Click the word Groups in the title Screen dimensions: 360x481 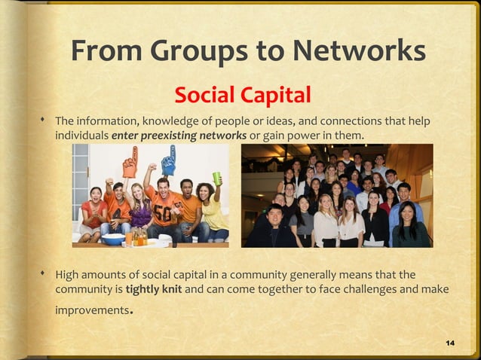click(201, 50)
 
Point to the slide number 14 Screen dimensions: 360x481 click(450, 343)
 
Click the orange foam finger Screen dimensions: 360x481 click(130, 160)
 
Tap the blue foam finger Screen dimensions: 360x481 click(168, 159)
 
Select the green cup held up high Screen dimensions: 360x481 click(217, 178)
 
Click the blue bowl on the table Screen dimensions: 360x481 click(113, 239)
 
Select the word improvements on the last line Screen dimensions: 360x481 click(92, 310)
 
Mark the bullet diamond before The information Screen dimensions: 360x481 click(44, 121)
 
